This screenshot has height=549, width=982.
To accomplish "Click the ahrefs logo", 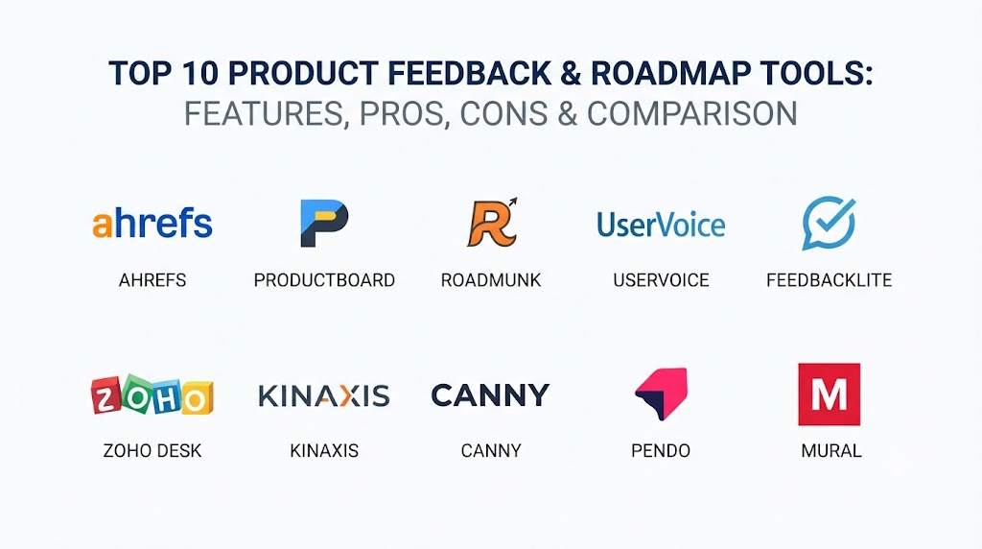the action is tap(152, 223).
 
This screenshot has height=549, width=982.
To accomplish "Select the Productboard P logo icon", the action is tap(324, 223).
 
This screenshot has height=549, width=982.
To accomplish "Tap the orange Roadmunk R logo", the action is tap(493, 223).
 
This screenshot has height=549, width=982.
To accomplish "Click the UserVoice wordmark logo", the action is tap(661, 225).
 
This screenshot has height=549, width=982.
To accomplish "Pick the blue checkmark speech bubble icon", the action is tap(829, 223).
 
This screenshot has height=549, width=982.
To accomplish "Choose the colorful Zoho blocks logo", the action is tap(152, 394).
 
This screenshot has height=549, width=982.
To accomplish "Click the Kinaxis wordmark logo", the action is tap(324, 396).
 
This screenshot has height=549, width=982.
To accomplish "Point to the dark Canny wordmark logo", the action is tap(490, 395).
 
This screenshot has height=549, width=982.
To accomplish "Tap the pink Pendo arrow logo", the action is tap(662, 394).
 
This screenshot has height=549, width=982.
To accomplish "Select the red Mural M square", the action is tap(830, 394).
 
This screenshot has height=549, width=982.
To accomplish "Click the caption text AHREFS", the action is tap(152, 280).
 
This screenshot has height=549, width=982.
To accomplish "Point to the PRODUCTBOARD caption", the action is tap(324, 280).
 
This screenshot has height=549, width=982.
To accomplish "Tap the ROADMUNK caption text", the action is tap(491, 280).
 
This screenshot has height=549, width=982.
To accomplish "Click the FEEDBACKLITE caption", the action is tap(830, 280).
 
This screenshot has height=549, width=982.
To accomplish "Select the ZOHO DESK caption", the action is tap(152, 450).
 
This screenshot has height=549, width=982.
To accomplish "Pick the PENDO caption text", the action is tap(661, 450).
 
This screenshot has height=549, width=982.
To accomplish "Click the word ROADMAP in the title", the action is tap(671, 73).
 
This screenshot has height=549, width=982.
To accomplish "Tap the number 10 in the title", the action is tap(199, 73).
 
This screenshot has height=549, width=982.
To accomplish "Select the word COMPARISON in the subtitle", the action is tap(692, 113).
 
